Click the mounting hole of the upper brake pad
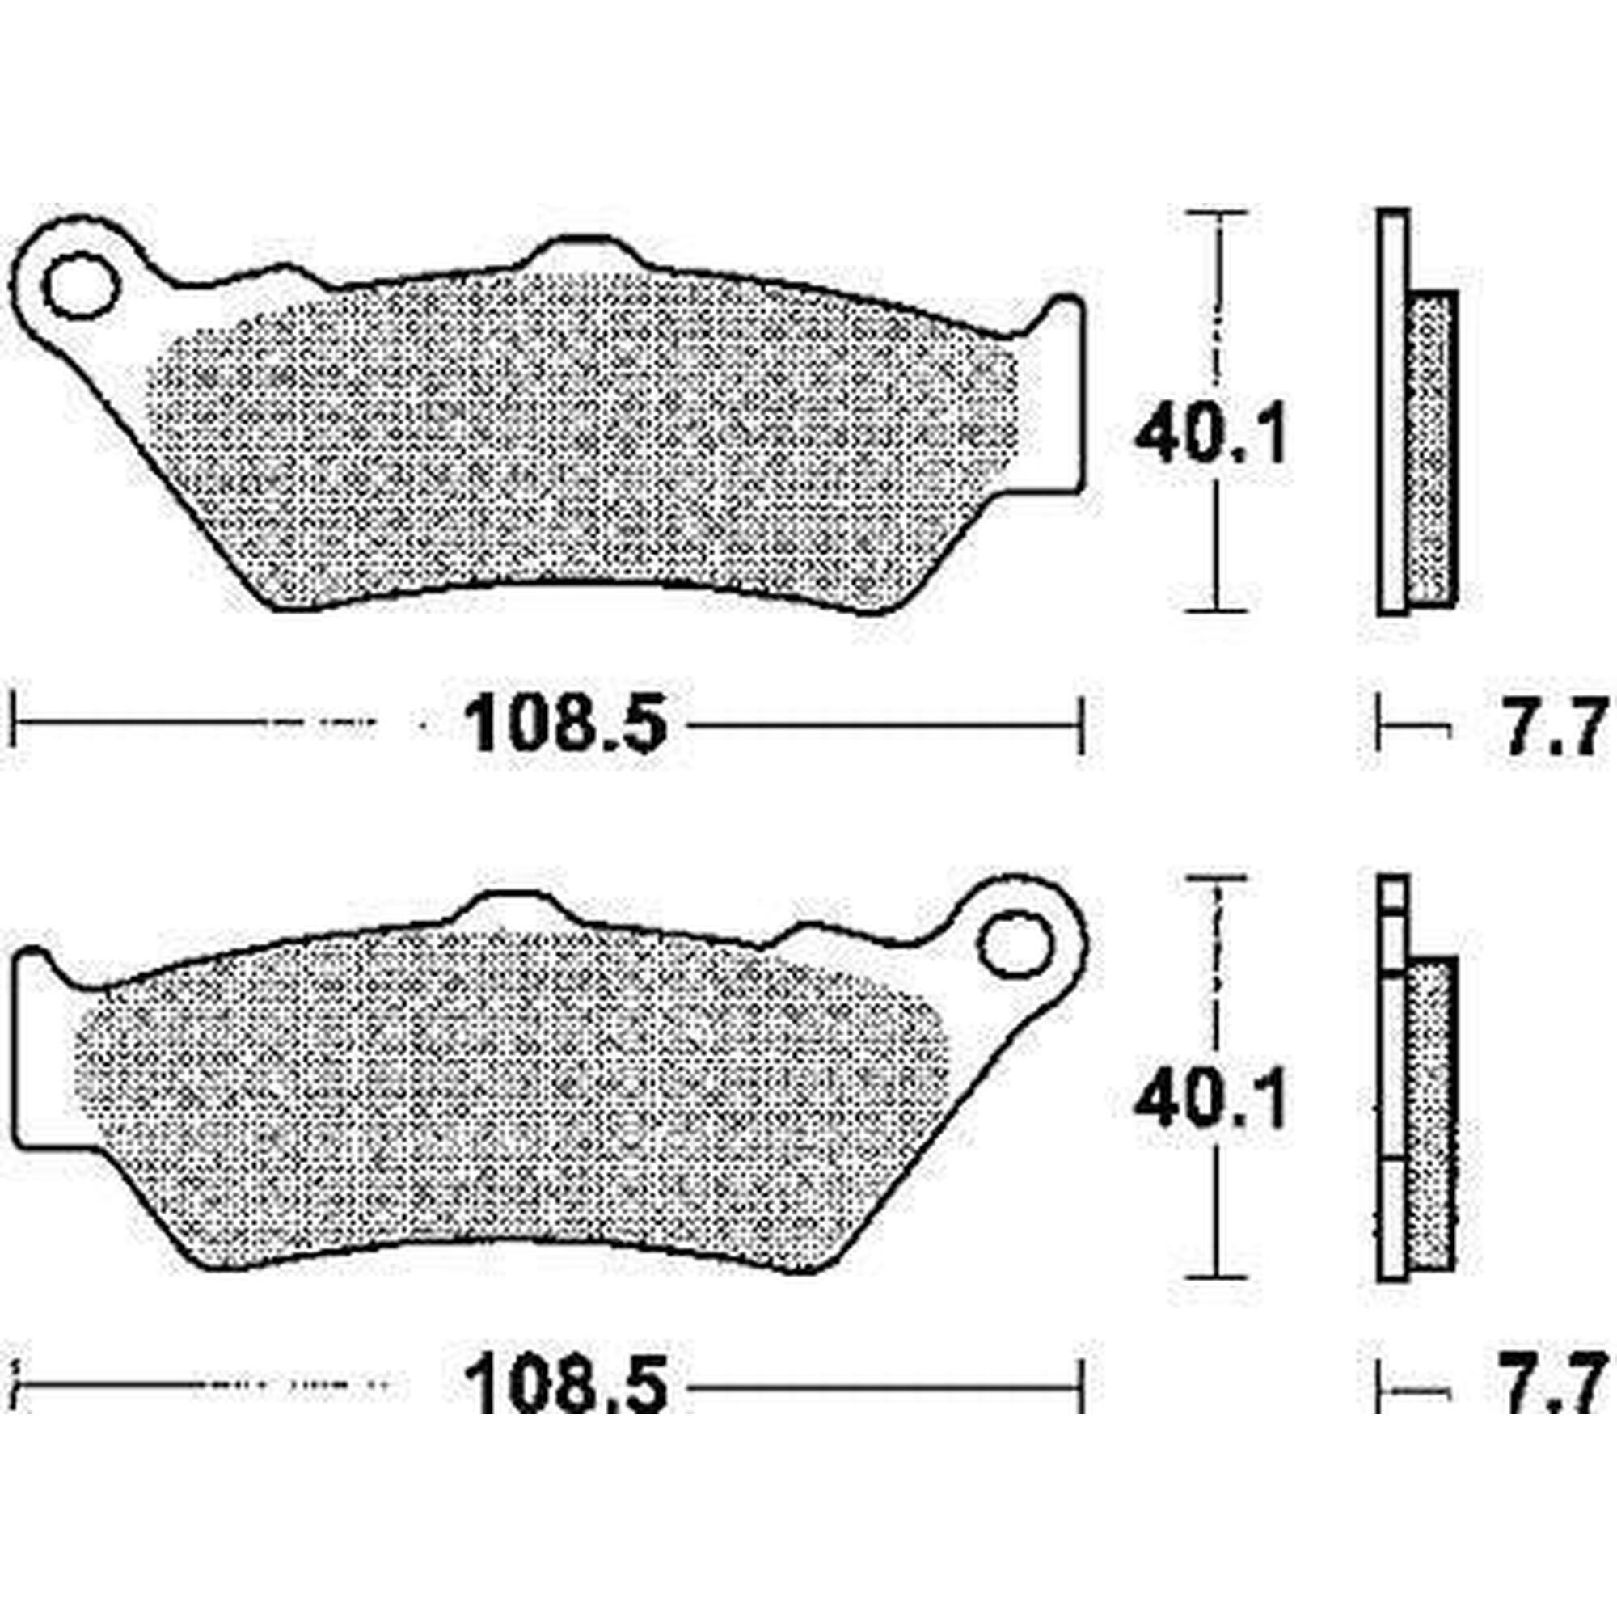click(x=80, y=287)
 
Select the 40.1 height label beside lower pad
click(x=1209, y=1102)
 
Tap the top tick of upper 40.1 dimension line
click(x=1218, y=213)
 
